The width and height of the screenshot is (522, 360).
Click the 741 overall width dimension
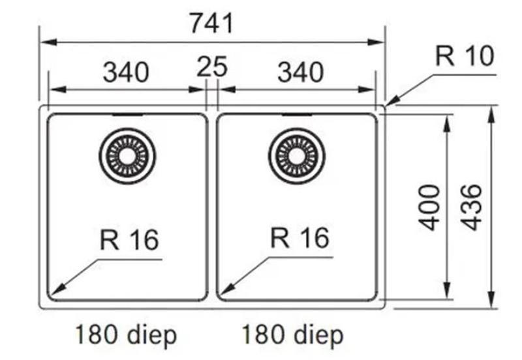(x=211, y=24)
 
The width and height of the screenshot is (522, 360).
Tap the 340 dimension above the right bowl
(x=300, y=72)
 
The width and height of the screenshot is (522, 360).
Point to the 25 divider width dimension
(x=211, y=67)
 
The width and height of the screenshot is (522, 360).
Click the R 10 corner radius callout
(x=465, y=57)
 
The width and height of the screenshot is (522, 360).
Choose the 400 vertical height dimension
(x=429, y=207)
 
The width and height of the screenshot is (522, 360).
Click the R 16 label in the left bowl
(x=129, y=240)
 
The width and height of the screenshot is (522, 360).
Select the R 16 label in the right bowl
(x=299, y=239)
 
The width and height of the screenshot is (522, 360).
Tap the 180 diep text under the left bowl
(x=125, y=336)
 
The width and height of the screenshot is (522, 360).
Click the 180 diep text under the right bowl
(x=293, y=336)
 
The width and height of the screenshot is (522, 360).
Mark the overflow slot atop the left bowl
(x=128, y=115)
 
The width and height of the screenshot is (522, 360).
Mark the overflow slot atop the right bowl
(x=297, y=115)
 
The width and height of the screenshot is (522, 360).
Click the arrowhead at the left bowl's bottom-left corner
(x=57, y=291)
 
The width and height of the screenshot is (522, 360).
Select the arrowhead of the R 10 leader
(x=390, y=102)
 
